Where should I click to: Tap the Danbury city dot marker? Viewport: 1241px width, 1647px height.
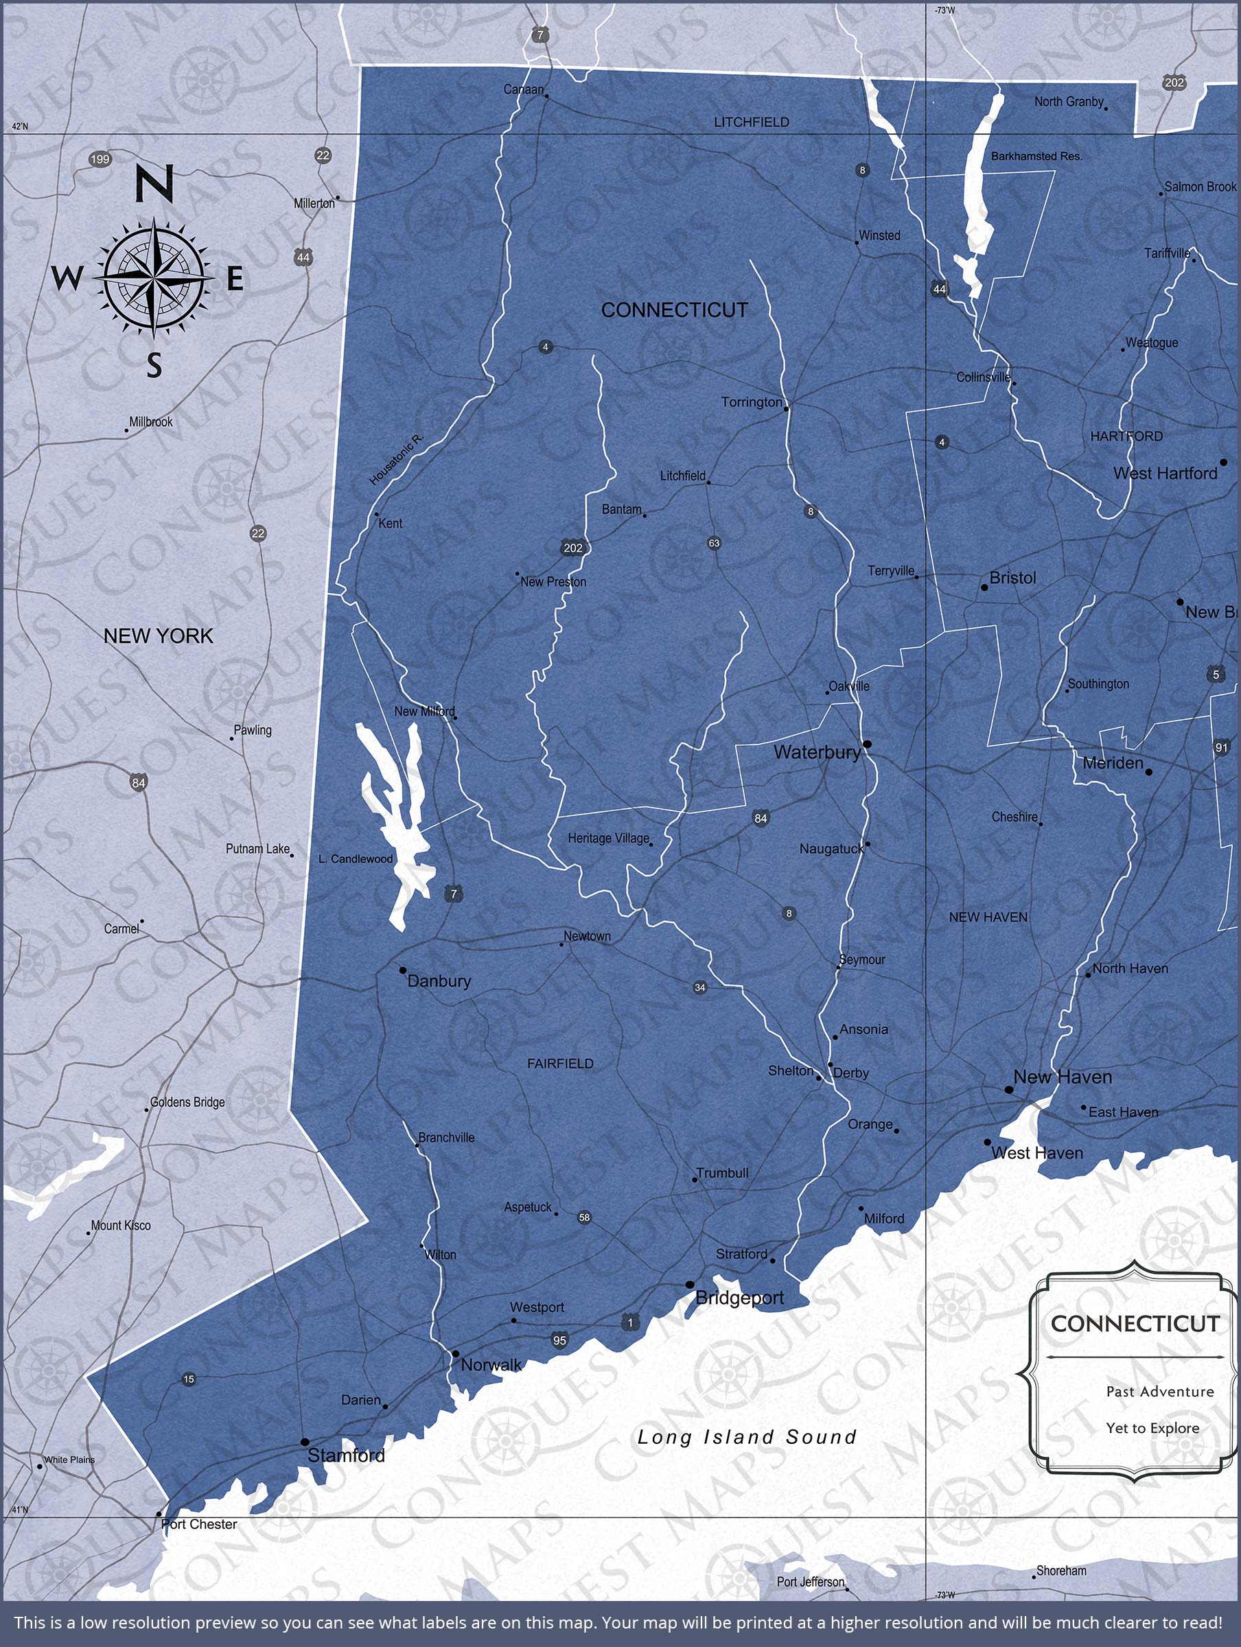click(403, 970)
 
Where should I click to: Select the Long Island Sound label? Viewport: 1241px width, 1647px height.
click(746, 1437)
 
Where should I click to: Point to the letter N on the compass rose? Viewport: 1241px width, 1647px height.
click(154, 184)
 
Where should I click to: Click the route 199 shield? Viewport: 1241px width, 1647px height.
click(100, 159)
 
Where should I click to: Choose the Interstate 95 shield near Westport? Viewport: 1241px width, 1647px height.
click(559, 1340)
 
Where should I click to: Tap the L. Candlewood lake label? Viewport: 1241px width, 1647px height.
click(356, 858)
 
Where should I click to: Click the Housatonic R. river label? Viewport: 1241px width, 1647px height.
click(396, 459)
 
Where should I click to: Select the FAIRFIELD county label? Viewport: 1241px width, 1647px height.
click(560, 1064)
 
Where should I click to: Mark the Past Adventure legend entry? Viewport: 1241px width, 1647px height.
click(1159, 1392)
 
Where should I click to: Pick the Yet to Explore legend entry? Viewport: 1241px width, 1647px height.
click(1152, 1428)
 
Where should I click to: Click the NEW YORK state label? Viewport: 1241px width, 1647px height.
click(158, 636)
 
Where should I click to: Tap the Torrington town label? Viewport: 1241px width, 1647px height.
click(751, 402)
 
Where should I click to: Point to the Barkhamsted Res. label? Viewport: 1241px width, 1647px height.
click(1036, 156)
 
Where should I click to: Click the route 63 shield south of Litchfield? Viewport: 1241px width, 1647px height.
click(714, 543)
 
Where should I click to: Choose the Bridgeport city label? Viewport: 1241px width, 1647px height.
click(739, 1298)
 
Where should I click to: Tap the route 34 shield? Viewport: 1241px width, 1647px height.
click(699, 988)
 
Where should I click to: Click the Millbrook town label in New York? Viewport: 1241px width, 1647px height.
click(150, 421)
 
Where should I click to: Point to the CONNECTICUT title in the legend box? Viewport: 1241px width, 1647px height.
click(1135, 1324)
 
